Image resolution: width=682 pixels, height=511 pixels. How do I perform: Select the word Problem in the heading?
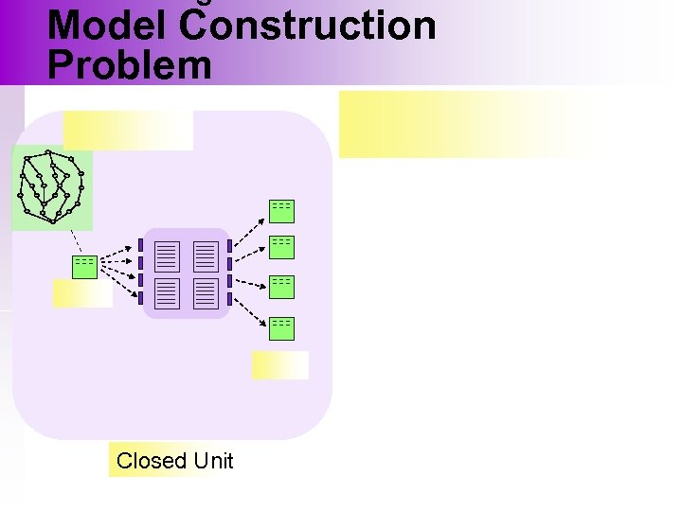coord(130,64)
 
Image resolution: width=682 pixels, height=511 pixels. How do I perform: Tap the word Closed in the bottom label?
coord(152,461)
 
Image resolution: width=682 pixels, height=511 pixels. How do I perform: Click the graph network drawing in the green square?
coord(51,187)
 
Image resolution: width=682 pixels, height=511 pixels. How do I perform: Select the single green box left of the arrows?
coord(84,267)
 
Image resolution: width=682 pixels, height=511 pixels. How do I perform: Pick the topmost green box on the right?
coord(281,210)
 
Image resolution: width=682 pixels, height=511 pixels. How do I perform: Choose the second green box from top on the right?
coord(281,246)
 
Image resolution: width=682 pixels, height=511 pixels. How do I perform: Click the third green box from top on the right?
coord(281,286)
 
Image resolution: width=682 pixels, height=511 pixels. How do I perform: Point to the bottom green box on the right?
coord(281,327)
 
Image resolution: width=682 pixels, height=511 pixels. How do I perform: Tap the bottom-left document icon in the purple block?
coord(168,292)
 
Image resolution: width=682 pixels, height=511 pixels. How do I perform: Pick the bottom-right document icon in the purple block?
coord(206,292)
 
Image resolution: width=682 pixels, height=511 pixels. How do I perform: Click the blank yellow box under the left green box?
coord(82,294)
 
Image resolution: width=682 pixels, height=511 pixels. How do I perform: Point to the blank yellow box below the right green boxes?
coord(280,365)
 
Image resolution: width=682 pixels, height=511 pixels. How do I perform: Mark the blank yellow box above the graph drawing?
coord(128,131)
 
